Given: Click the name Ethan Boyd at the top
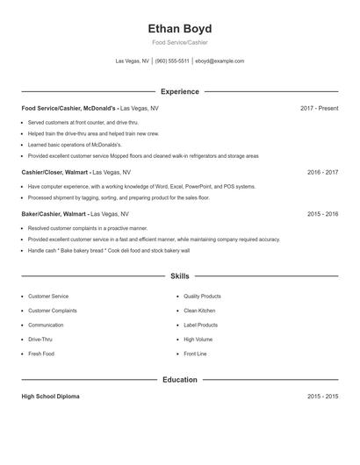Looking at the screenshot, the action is (180, 29).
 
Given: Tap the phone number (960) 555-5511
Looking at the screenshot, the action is (172, 61).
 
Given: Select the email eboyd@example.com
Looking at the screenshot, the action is (220, 61).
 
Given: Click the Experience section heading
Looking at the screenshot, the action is (180, 91).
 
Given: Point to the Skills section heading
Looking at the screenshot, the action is (180, 275).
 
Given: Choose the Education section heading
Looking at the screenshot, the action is (180, 380).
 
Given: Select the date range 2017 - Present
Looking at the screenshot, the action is (319, 108).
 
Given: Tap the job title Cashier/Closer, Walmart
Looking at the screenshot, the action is (54, 173).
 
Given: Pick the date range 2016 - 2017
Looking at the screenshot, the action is (322, 173).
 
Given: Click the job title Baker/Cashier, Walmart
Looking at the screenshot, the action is (54, 213).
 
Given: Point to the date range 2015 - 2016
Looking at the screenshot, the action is (322, 213).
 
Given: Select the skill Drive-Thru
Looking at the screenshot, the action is (40, 339).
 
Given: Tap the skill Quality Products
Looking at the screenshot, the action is (202, 297).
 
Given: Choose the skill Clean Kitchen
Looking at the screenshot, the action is (199, 311).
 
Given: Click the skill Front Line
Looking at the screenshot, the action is (195, 354).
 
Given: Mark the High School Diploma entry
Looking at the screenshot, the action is (50, 397).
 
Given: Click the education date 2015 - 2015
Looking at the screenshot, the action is (322, 397).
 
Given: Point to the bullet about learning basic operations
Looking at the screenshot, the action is (75, 144).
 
